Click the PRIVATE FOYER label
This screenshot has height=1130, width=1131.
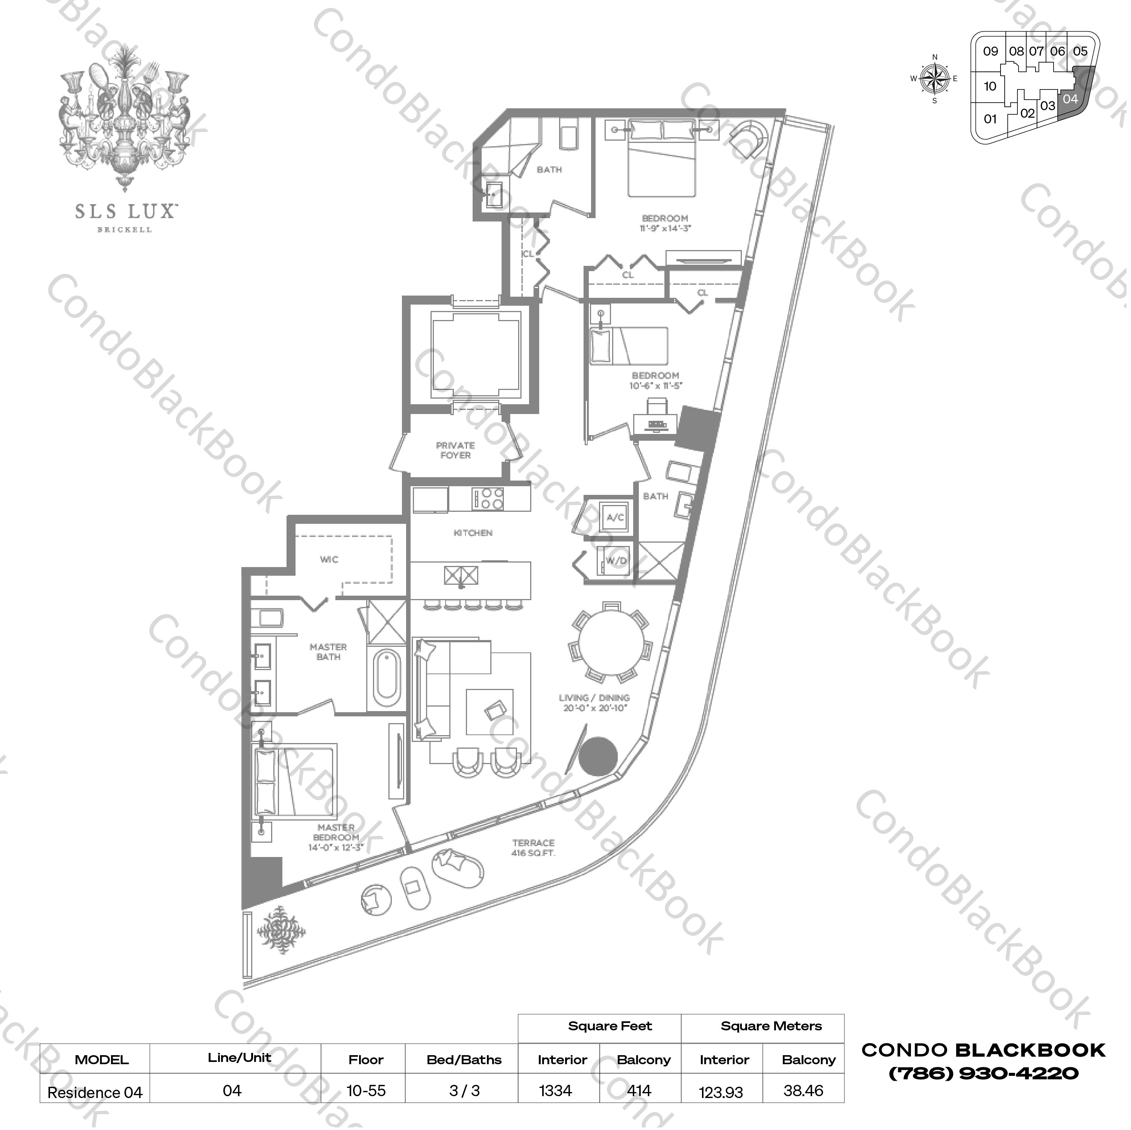point(455,450)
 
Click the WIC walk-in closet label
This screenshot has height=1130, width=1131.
point(329,559)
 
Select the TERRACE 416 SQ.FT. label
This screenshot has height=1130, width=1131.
point(533,848)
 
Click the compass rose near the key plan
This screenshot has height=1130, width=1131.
point(934,79)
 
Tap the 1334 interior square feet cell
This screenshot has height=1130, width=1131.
point(556,1091)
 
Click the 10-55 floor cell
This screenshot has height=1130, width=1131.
point(366,1091)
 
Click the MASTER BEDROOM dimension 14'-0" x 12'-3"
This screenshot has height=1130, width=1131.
point(336,847)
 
